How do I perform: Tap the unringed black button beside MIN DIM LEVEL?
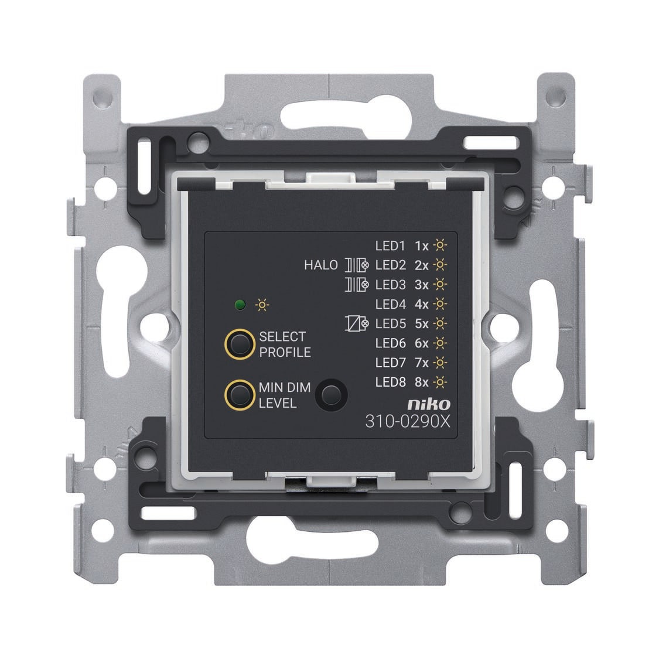pos(331,395)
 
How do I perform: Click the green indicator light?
pos(240,305)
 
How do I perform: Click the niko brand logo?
pos(429,404)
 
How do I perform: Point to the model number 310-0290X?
pos(408,421)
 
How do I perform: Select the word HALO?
pos(321,265)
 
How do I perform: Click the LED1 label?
pos(390,245)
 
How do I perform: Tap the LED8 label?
pos(391,382)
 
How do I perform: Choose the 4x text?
pos(422,304)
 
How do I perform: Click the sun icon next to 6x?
pos(440,343)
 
